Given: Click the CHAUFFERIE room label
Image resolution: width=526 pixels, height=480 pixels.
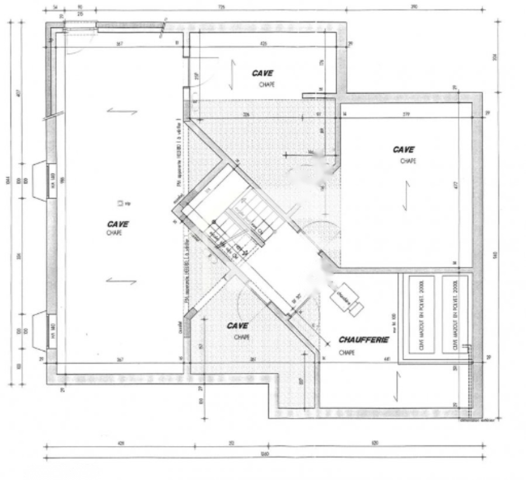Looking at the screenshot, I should pyautogui.click(x=364, y=339).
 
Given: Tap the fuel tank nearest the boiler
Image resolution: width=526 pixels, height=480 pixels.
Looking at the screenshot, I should pyautogui.click(x=423, y=315).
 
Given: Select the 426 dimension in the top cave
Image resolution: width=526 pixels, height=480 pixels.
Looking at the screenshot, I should pyautogui.click(x=264, y=43).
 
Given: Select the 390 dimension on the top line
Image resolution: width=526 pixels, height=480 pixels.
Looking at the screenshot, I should pyautogui.click(x=414, y=8).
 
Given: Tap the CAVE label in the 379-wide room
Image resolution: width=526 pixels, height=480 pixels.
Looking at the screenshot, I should pyautogui.click(x=403, y=150).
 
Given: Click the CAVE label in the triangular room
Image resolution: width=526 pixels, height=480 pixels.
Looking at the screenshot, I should pyautogui.click(x=237, y=326).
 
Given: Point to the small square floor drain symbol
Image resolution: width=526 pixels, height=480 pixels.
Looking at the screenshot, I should pyautogui.click(x=120, y=203).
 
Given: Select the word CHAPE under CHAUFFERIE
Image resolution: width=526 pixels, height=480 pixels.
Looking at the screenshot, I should pyautogui.click(x=347, y=353).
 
